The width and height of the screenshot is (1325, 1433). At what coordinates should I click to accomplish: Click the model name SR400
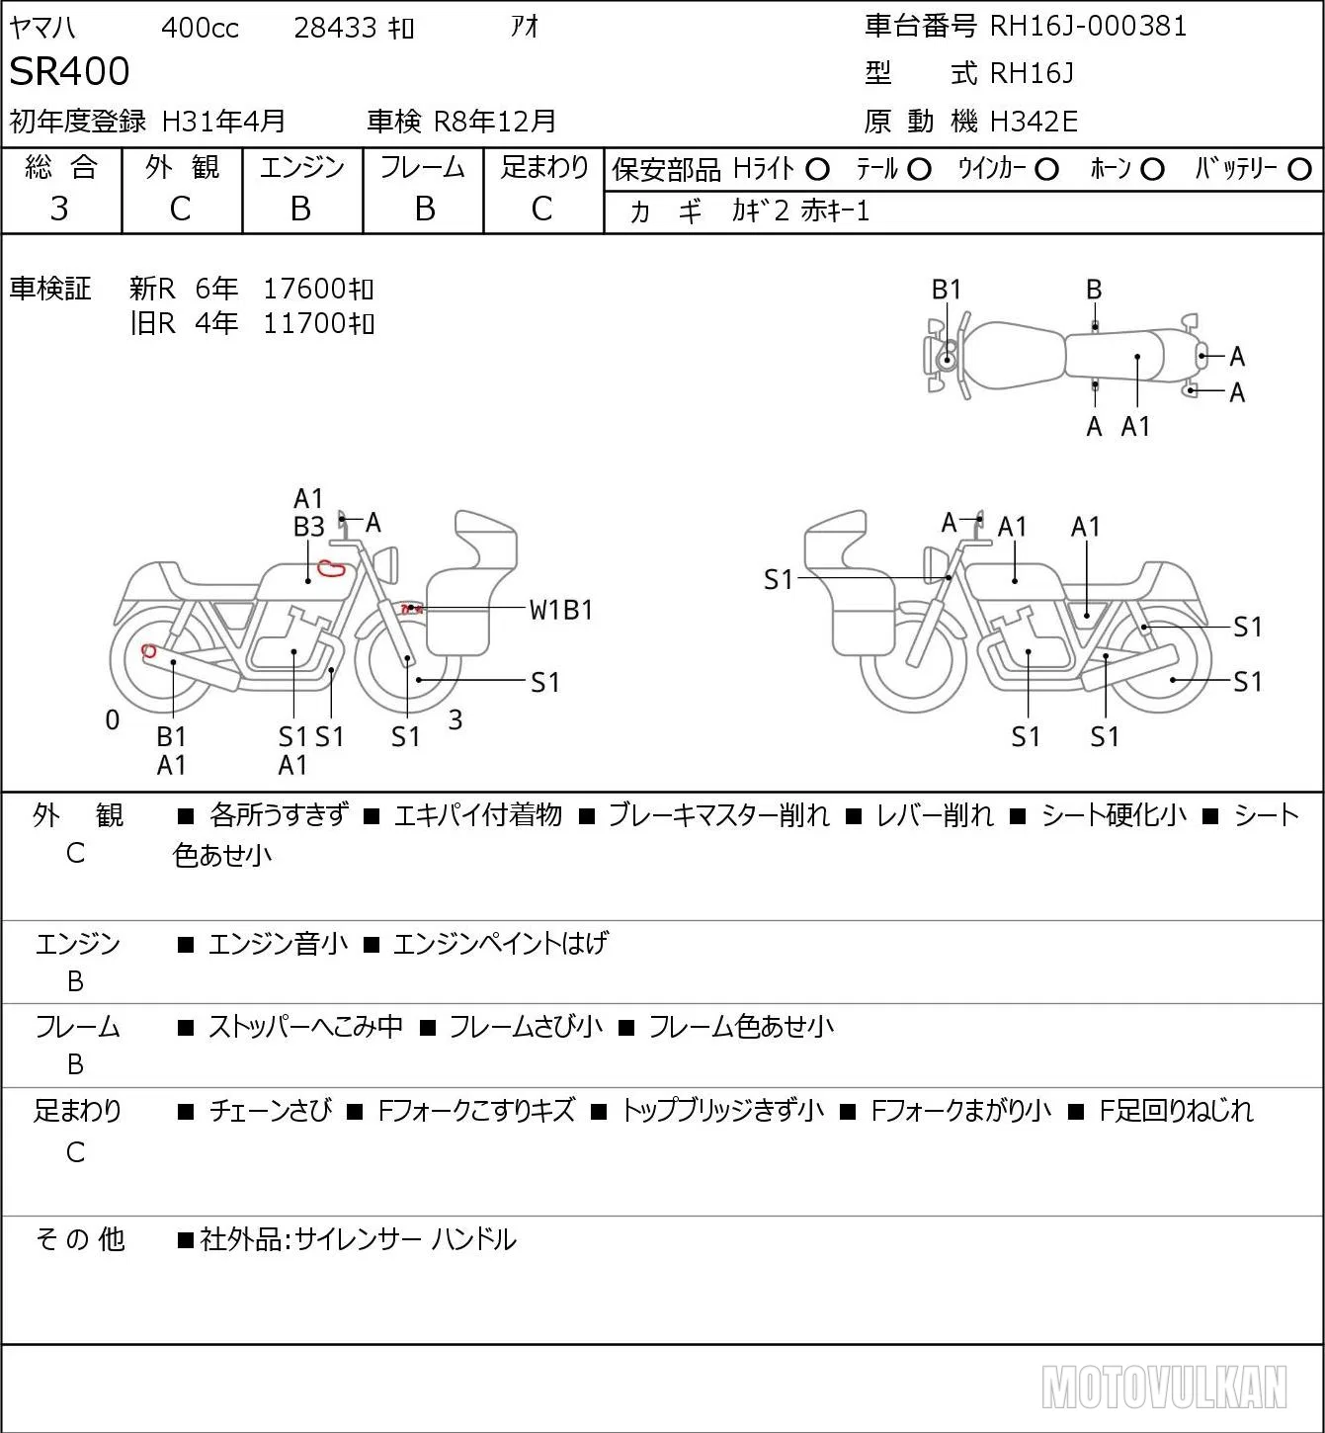click(69, 71)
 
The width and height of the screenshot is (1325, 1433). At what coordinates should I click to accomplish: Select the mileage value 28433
click(335, 28)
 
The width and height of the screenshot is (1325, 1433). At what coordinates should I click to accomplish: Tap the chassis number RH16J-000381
click(1088, 26)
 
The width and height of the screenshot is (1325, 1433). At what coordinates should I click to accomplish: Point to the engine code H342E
click(1034, 122)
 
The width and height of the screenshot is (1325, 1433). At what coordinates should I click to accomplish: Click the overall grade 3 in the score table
click(59, 209)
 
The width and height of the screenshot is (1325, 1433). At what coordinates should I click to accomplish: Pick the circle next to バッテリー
click(1299, 170)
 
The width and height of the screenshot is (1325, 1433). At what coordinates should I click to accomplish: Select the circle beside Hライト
click(817, 170)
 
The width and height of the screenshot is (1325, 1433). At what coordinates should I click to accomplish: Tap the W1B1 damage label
click(561, 611)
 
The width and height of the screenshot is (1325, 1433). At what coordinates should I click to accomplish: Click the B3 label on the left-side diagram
click(308, 527)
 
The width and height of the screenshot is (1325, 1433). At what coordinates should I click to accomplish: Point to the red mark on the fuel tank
click(332, 568)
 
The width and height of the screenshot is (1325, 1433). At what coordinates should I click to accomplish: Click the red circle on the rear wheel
click(148, 651)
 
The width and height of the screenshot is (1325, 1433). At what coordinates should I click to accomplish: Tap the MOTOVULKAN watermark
click(1163, 1387)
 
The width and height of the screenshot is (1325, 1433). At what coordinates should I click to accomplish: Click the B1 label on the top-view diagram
click(947, 290)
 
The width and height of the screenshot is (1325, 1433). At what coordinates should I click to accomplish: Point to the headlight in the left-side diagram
click(386, 565)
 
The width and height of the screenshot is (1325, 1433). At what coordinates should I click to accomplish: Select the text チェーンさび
click(270, 1111)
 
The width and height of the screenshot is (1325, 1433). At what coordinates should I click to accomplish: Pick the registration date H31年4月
click(223, 122)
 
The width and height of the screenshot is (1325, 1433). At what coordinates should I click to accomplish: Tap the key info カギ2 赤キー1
click(800, 211)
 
